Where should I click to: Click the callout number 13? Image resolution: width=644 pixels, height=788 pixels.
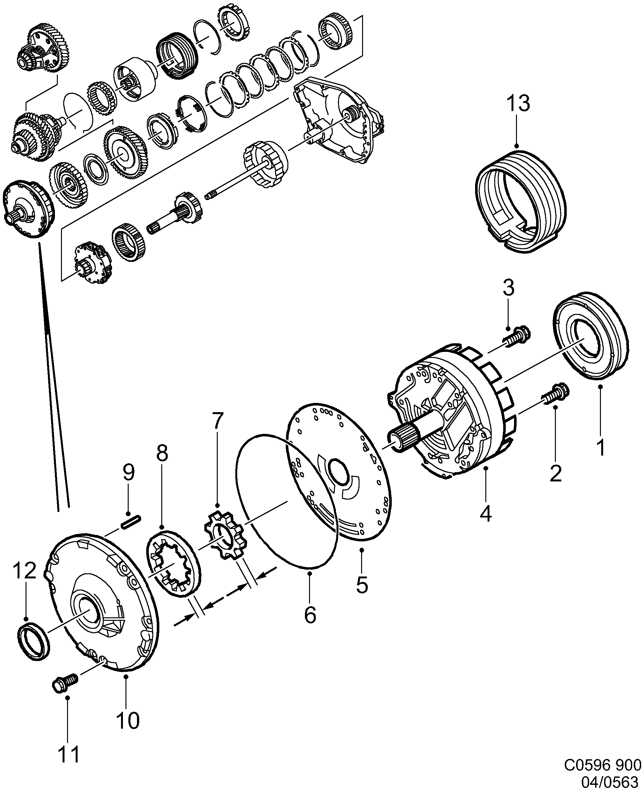point(518,103)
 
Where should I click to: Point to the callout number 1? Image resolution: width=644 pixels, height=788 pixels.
point(601,447)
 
